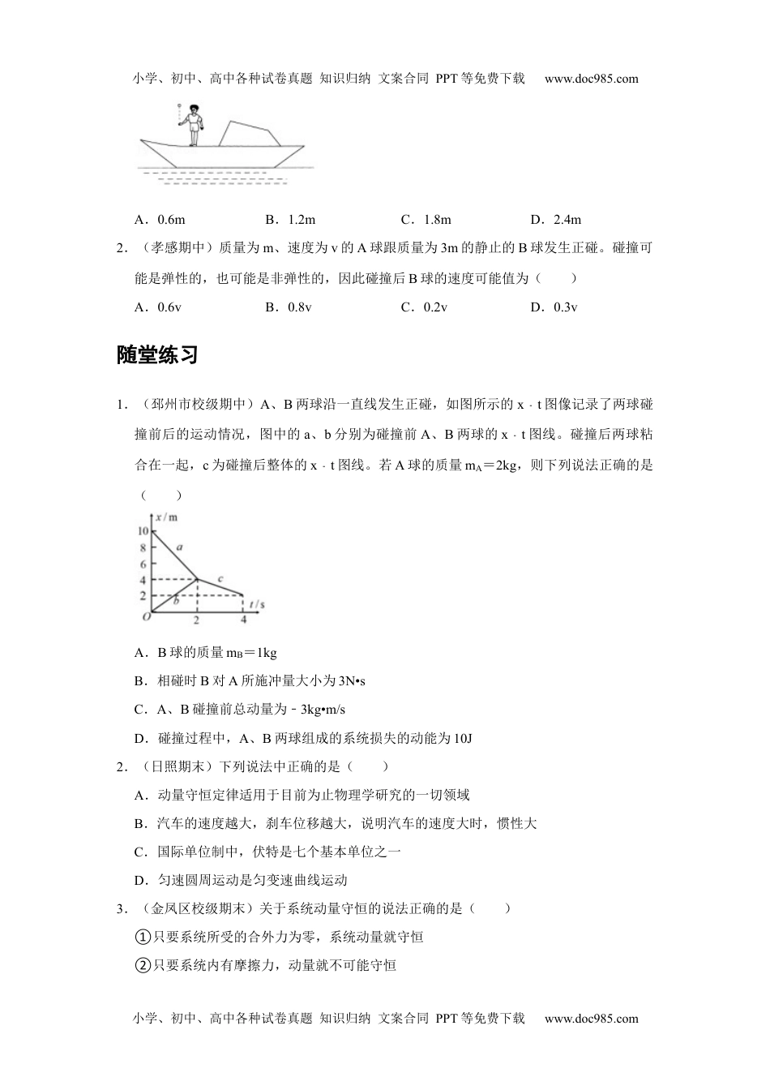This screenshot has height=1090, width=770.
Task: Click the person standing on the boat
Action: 194,125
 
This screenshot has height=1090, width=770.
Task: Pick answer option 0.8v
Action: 289,307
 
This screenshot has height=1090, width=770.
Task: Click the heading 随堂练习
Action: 157,355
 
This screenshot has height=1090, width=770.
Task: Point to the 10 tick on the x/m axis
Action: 142,531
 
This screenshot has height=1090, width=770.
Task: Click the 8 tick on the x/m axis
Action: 143,547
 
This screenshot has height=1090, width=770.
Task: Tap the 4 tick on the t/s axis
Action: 243,620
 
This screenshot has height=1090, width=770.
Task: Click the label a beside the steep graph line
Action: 180,547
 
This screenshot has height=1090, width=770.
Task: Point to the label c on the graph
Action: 220,578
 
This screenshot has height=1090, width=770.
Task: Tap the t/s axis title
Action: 258,604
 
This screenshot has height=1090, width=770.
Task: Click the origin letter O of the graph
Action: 146,618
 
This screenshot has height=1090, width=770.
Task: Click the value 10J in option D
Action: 463,738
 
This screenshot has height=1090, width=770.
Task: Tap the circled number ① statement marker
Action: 142,938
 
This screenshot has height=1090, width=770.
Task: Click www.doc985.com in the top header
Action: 591,79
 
